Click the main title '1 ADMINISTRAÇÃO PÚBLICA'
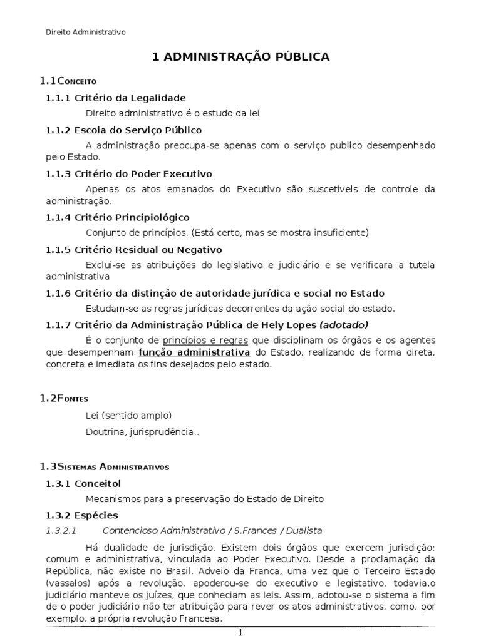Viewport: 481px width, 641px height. point(240,57)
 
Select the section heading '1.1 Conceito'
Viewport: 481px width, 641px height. point(68,81)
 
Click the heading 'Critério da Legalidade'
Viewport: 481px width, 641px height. point(130,98)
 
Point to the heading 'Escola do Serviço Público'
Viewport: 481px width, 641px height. point(138,130)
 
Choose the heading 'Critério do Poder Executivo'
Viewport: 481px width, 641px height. point(143,173)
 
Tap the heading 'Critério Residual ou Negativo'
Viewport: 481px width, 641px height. point(145,249)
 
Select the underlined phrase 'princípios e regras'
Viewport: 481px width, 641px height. point(205,340)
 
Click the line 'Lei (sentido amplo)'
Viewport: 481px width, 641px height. point(128,415)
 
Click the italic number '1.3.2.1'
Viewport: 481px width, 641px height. point(61,530)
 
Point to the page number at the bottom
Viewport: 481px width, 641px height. point(240,633)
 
